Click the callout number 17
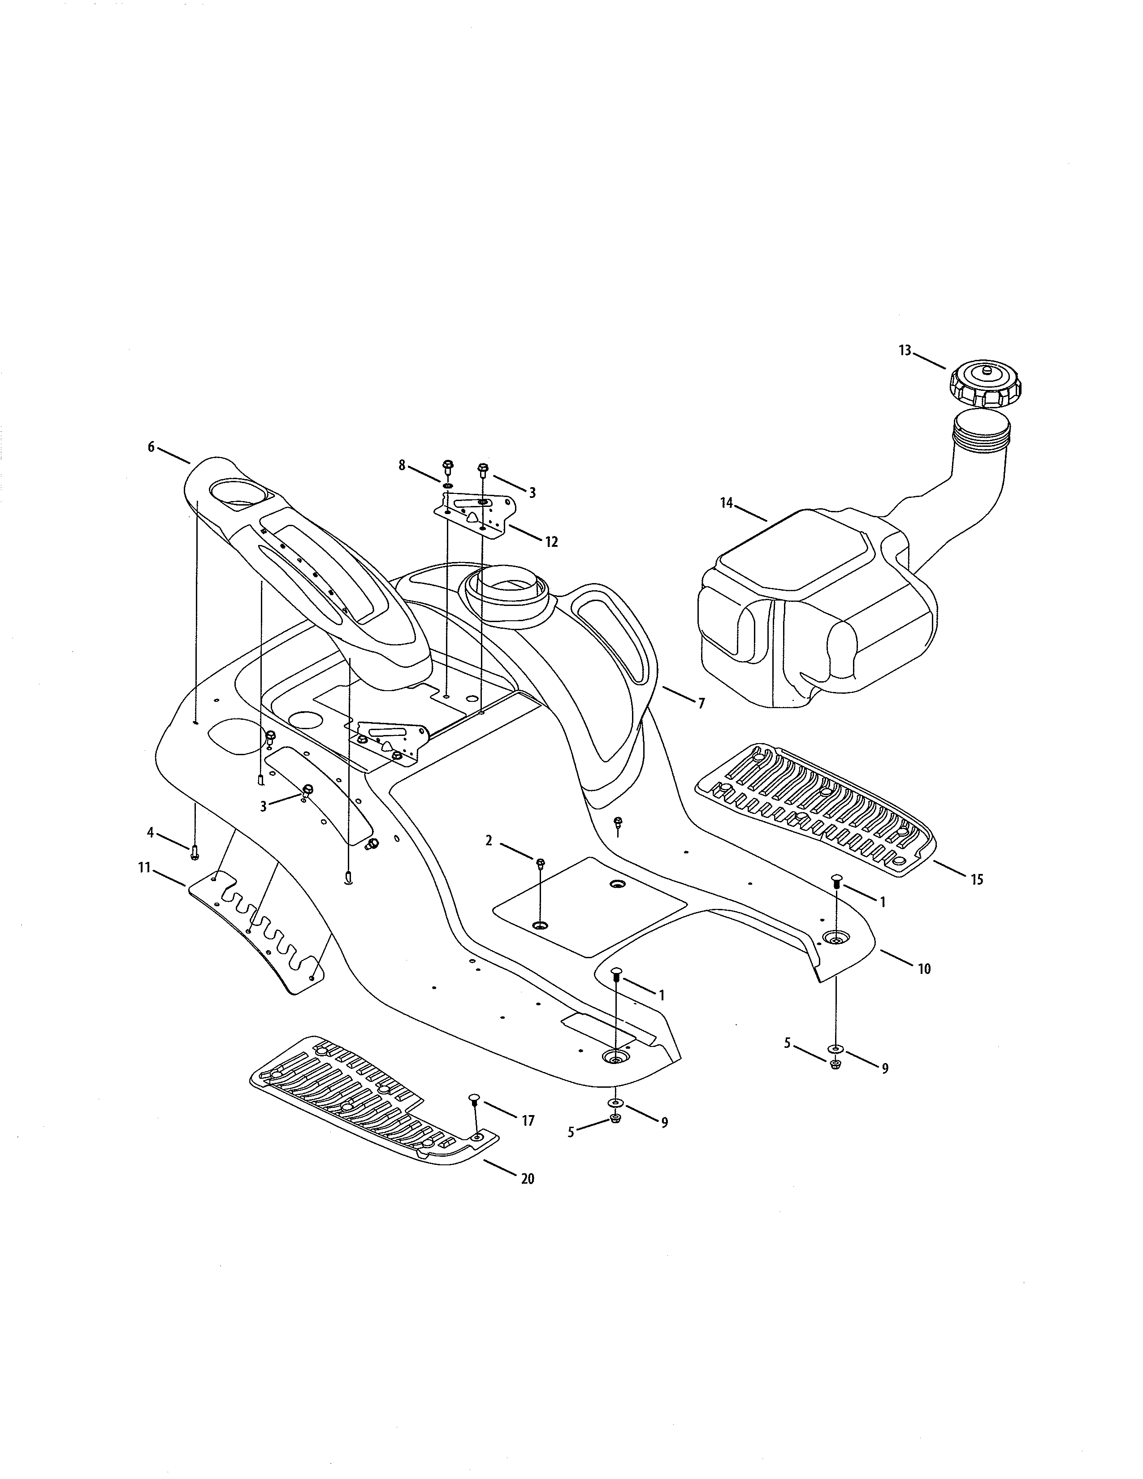coord(528,1121)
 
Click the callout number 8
coord(402,465)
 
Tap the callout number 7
coord(701,704)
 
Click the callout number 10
coord(924,969)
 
